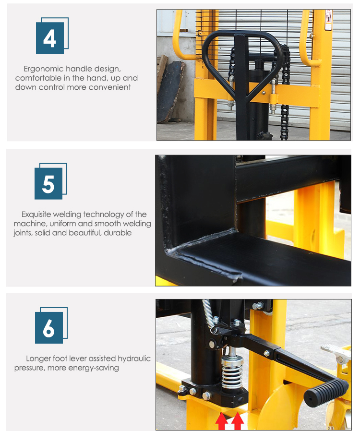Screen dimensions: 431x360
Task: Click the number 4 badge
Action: click(x=50, y=38)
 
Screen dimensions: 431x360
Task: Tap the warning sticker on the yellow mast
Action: click(x=328, y=20)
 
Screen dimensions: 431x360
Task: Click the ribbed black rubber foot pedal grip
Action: click(x=326, y=391)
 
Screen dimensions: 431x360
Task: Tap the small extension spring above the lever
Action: click(x=209, y=314)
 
